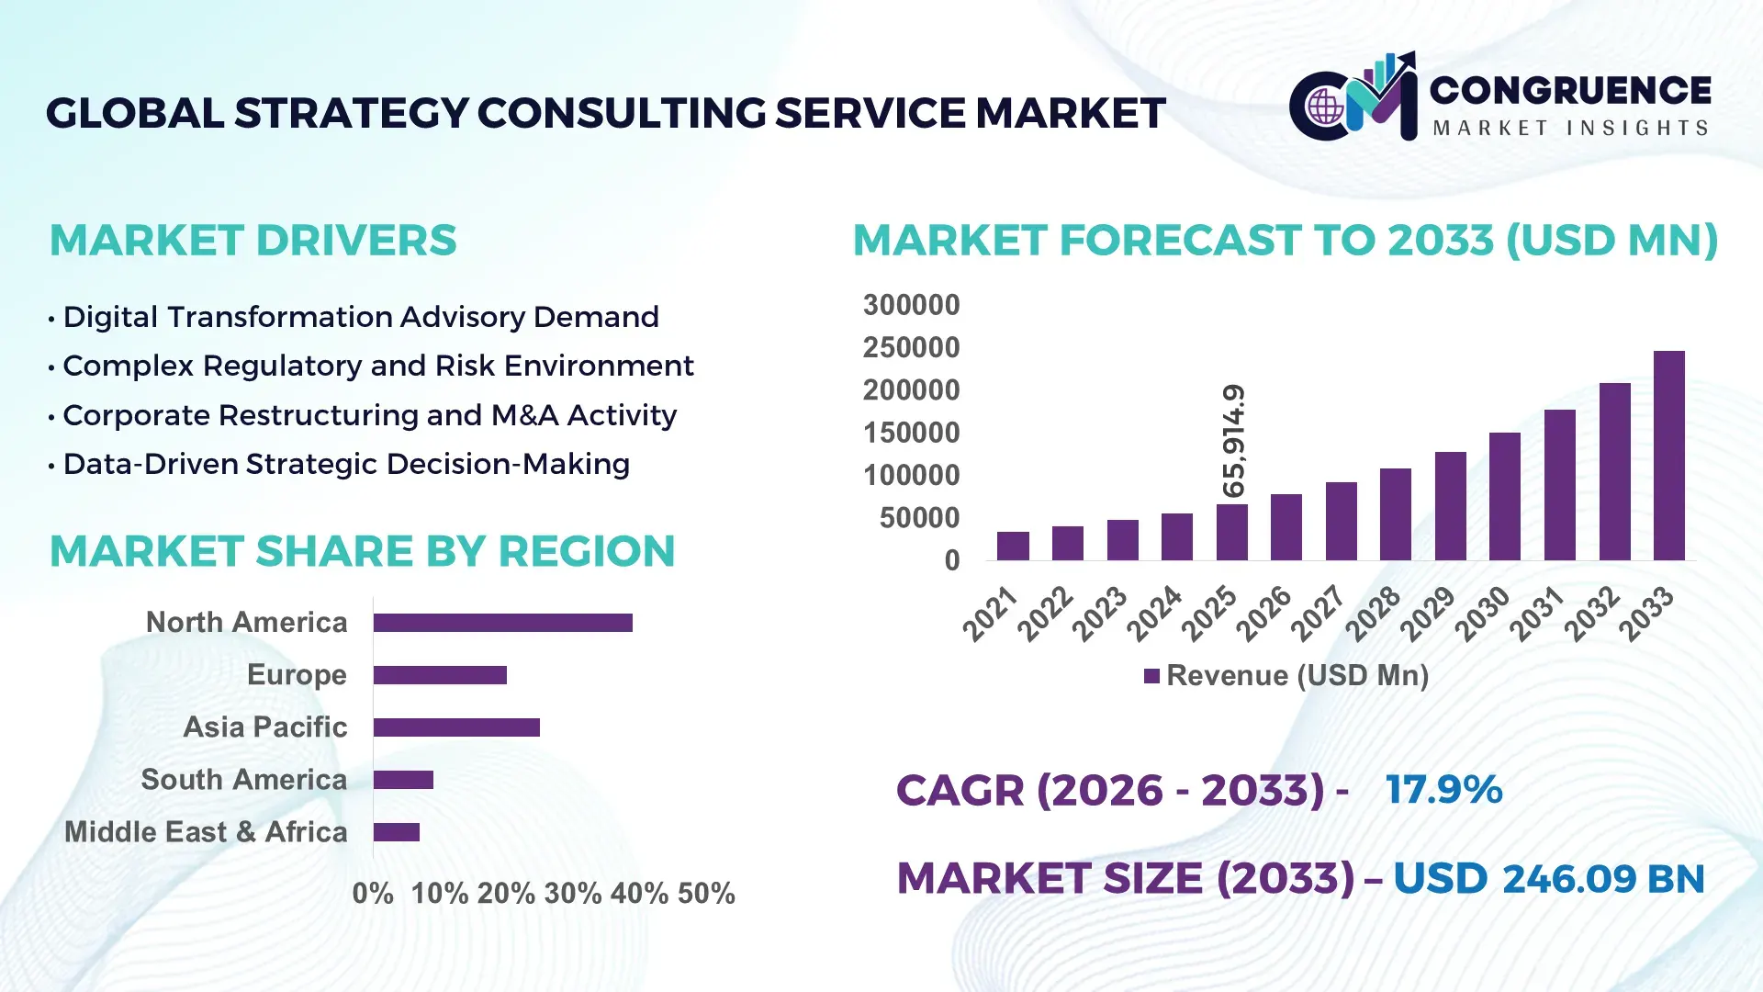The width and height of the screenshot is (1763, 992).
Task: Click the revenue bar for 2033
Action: point(1668,456)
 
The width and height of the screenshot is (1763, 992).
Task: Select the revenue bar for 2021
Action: point(1013,546)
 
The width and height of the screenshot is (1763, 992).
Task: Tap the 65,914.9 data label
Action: point(1234,441)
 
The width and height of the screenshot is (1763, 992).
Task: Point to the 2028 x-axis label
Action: point(1374,613)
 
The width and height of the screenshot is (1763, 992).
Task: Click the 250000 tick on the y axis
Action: point(911,348)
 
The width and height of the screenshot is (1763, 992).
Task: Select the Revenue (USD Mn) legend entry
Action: point(1286,676)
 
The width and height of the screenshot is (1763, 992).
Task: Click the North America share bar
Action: point(502,623)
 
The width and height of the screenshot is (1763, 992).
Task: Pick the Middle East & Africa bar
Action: point(396,832)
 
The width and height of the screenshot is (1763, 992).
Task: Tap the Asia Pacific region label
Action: point(264,727)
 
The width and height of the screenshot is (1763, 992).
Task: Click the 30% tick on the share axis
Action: point(572,894)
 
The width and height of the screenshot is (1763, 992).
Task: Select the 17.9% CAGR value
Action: point(1443,790)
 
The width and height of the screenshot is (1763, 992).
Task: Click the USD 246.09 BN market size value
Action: point(1548,879)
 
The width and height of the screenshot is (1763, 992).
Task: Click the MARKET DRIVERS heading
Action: point(253,241)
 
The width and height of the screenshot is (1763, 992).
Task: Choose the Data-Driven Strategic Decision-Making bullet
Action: point(345,465)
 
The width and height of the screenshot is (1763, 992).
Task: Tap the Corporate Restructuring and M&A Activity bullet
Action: point(369,416)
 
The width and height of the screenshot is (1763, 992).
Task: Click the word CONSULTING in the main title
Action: point(621,114)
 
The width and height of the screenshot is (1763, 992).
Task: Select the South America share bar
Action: point(403,780)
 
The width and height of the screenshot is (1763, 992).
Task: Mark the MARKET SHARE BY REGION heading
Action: point(362,552)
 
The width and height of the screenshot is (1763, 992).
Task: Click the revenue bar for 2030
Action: point(1504,496)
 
